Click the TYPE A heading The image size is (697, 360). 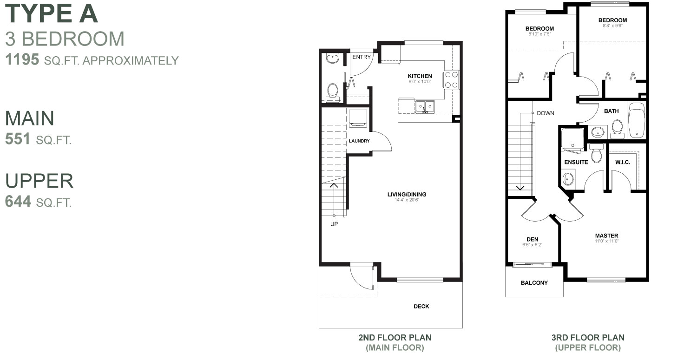[52, 14]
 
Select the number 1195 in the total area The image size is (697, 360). [21, 60]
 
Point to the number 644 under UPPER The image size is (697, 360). [18, 202]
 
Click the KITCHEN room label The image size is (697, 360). [420, 76]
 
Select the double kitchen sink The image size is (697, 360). [425, 106]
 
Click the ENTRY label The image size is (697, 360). [362, 57]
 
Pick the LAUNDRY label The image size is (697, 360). [359, 141]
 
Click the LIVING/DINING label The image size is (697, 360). [407, 195]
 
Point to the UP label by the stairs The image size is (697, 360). [334, 224]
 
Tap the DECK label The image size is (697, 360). [421, 307]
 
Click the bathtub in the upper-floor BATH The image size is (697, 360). [636, 121]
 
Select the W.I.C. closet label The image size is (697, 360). [622, 162]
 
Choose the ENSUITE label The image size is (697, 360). [576, 162]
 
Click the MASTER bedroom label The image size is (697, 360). [606, 236]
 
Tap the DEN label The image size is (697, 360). [532, 239]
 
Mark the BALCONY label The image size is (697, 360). [534, 283]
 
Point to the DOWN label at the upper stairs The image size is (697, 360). [546, 113]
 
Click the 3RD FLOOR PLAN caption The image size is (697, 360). [587, 338]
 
